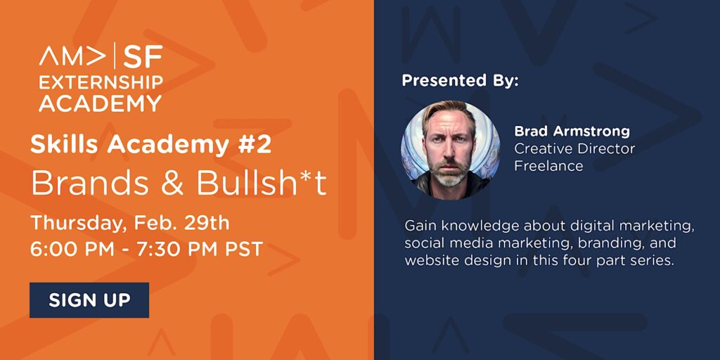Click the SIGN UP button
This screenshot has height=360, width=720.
(89, 300)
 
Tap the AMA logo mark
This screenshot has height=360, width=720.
(72, 56)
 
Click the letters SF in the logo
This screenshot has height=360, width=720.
(143, 56)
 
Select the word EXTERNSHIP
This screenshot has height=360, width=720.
(101, 82)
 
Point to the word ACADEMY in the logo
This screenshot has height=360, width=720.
(100, 103)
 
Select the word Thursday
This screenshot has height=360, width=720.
(79, 224)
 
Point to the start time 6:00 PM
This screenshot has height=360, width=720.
(72, 249)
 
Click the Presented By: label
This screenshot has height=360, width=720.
(460, 81)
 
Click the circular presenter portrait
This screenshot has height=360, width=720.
(451, 150)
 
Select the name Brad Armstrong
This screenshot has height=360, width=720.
(572, 131)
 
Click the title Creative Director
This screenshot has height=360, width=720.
(574, 149)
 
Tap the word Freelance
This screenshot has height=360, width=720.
(548, 165)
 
